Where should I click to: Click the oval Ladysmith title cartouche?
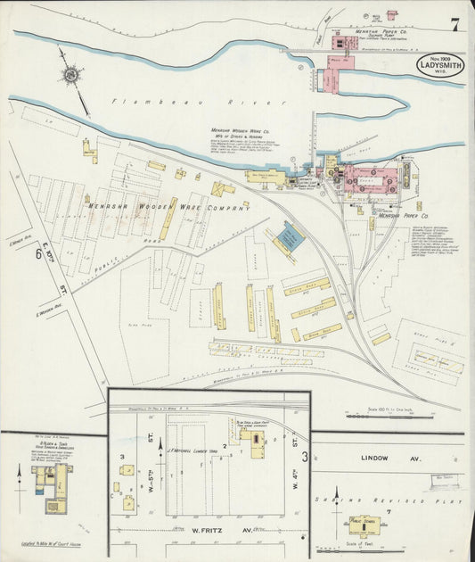(x=439, y=66)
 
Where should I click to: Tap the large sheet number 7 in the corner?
(x=455, y=24)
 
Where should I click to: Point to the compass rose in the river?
(x=70, y=73)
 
